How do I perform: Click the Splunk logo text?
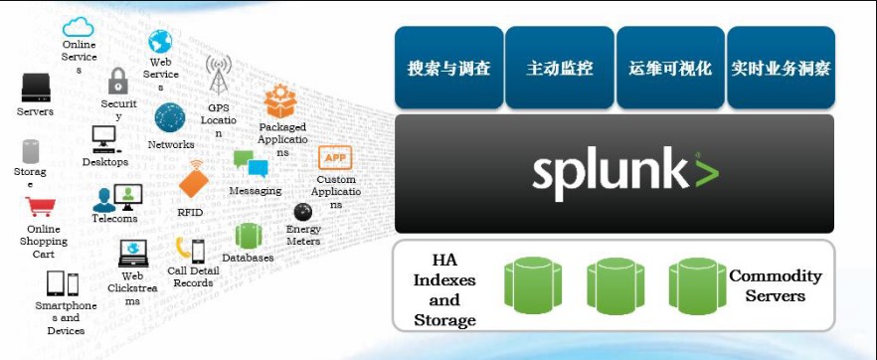tap(623, 171)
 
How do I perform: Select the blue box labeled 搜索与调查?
tap(448, 69)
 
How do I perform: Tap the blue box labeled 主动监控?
tap(559, 69)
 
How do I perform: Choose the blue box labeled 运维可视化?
tap(670, 69)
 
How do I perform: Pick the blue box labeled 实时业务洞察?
tap(781, 69)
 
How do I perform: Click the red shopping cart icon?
tap(41, 207)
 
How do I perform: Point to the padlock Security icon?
tap(118, 81)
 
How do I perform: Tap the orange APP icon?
tap(334, 158)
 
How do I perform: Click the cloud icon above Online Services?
tap(79, 27)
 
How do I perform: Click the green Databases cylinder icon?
tap(248, 236)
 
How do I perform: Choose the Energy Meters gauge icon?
tap(303, 211)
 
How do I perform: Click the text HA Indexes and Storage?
tap(444, 289)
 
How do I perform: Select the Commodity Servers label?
tap(776, 285)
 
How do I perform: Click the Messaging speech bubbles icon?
tap(251, 164)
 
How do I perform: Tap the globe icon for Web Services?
tap(160, 42)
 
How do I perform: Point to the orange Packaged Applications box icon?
tap(280, 102)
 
